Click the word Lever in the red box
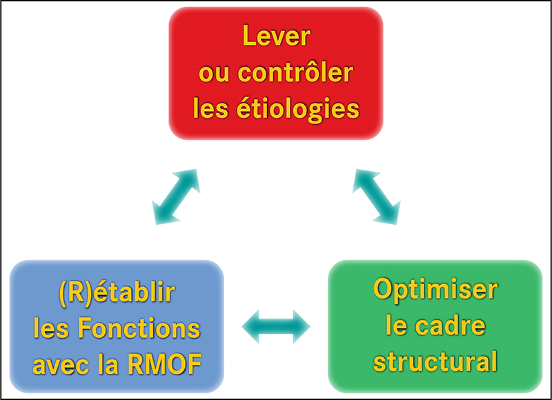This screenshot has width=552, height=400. coord(277,36)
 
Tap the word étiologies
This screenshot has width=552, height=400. coord(298,109)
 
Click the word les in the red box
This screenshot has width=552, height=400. coord(210,108)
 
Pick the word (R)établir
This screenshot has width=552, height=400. coord(117,292)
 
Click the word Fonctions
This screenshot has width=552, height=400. coord(139,328)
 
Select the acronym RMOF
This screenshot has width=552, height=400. coord(165,364)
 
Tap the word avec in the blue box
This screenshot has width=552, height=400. coord(61,366)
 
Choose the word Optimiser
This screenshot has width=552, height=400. coord(435,290)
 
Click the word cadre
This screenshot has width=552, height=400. coord(451,325)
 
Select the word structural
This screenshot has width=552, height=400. coord(435,361)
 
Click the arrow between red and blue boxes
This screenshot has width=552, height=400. coord(176,197)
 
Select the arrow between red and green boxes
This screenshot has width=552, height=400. coord(376,197)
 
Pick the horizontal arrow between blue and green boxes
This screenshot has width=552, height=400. coord(276,326)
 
